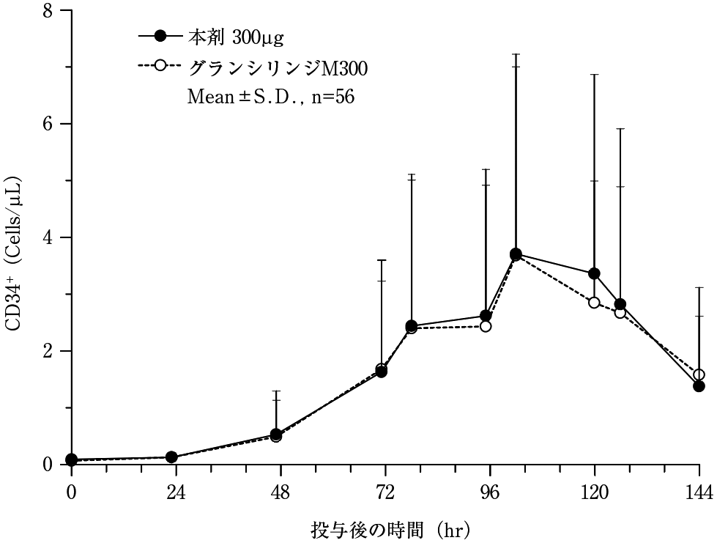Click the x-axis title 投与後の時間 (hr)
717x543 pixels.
389,528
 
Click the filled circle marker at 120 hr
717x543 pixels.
594,273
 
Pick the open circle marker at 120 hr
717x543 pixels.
594,303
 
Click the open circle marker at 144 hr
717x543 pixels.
699,374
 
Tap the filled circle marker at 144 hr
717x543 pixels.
699,385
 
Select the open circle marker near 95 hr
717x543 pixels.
486,326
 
